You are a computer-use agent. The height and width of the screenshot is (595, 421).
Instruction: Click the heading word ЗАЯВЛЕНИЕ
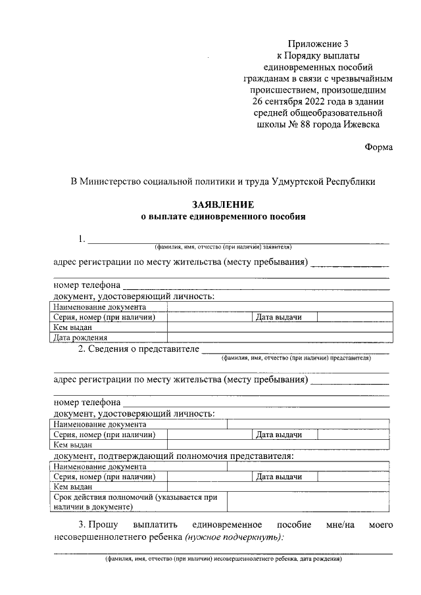pos(223,205)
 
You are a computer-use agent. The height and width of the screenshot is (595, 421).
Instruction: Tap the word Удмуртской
pos(299,181)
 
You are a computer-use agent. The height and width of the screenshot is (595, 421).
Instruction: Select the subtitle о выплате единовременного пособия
pos(223,216)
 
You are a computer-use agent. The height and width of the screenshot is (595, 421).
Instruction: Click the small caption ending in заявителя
pos(223,247)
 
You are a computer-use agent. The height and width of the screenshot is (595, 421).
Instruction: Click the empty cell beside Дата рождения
pos(280,338)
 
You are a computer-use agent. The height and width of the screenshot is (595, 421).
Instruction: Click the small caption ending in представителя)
pos(296,359)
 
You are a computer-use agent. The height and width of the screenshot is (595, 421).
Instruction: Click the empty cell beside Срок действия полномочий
pos(309,502)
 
